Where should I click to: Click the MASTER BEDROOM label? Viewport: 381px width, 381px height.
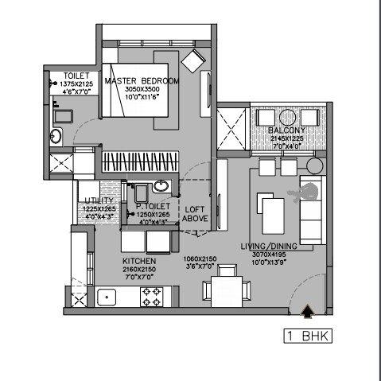coord(142,80)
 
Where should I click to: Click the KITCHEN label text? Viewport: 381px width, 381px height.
coord(138,261)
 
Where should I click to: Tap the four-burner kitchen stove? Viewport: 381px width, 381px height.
coord(150,298)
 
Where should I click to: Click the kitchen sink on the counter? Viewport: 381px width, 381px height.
coord(106,298)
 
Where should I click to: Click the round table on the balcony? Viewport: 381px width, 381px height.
coord(315,166)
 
